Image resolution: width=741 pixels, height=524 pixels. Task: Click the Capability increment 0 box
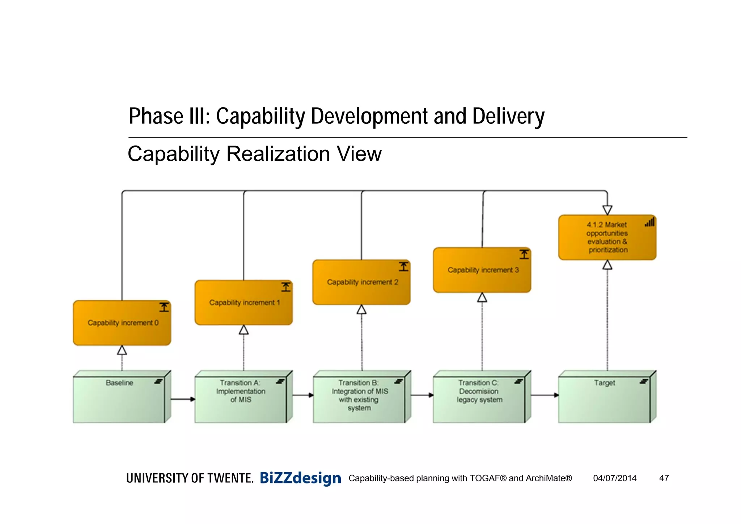(x=122, y=323)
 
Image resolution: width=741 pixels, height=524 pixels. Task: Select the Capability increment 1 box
(x=244, y=303)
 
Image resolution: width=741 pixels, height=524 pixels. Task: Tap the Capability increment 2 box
(x=361, y=282)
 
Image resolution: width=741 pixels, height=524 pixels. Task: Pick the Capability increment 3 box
(x=482, y=270)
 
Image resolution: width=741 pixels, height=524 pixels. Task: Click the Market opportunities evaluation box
(x=607, y=237)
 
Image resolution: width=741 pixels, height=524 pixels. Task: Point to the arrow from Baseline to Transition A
(x=183, y=399)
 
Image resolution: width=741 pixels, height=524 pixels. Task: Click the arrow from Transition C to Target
(x=545, y=395)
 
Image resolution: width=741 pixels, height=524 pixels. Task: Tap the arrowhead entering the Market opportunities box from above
(x=607, y=210)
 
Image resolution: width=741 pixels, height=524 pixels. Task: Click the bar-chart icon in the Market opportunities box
(x=649, y=222)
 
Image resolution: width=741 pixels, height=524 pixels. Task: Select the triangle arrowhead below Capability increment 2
(x=361, y=310)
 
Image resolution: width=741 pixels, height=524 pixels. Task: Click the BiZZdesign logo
(x=300, y=478)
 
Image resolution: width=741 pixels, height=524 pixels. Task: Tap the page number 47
(x=664, y=478)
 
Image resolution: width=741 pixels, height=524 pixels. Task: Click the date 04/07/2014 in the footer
(x=615, y=478)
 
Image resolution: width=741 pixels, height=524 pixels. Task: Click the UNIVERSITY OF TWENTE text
(x=190, y=478)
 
